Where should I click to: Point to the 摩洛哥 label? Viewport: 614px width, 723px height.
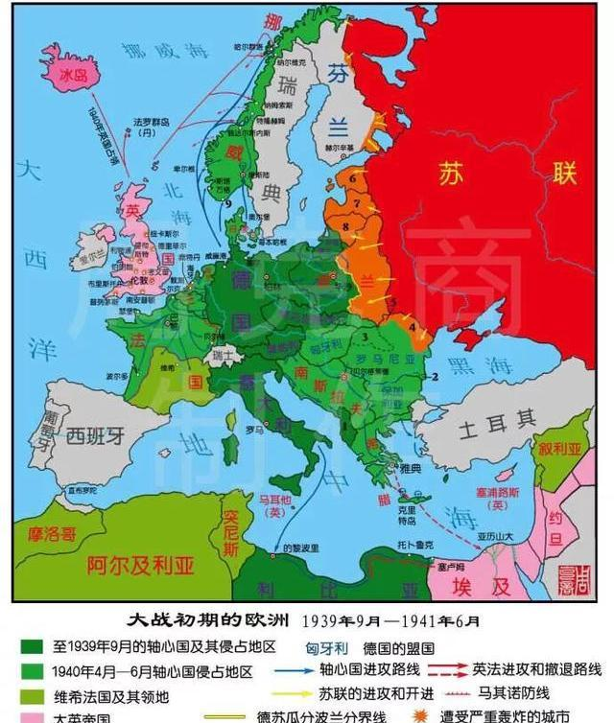click(x=50, y=534)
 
